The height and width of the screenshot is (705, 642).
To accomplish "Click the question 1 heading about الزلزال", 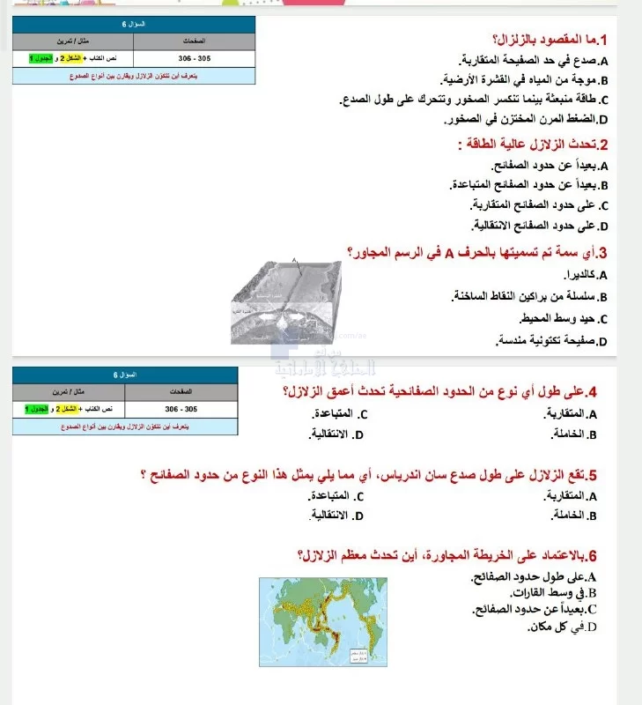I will point(555,40).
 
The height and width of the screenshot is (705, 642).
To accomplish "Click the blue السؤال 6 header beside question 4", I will point(124,374).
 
